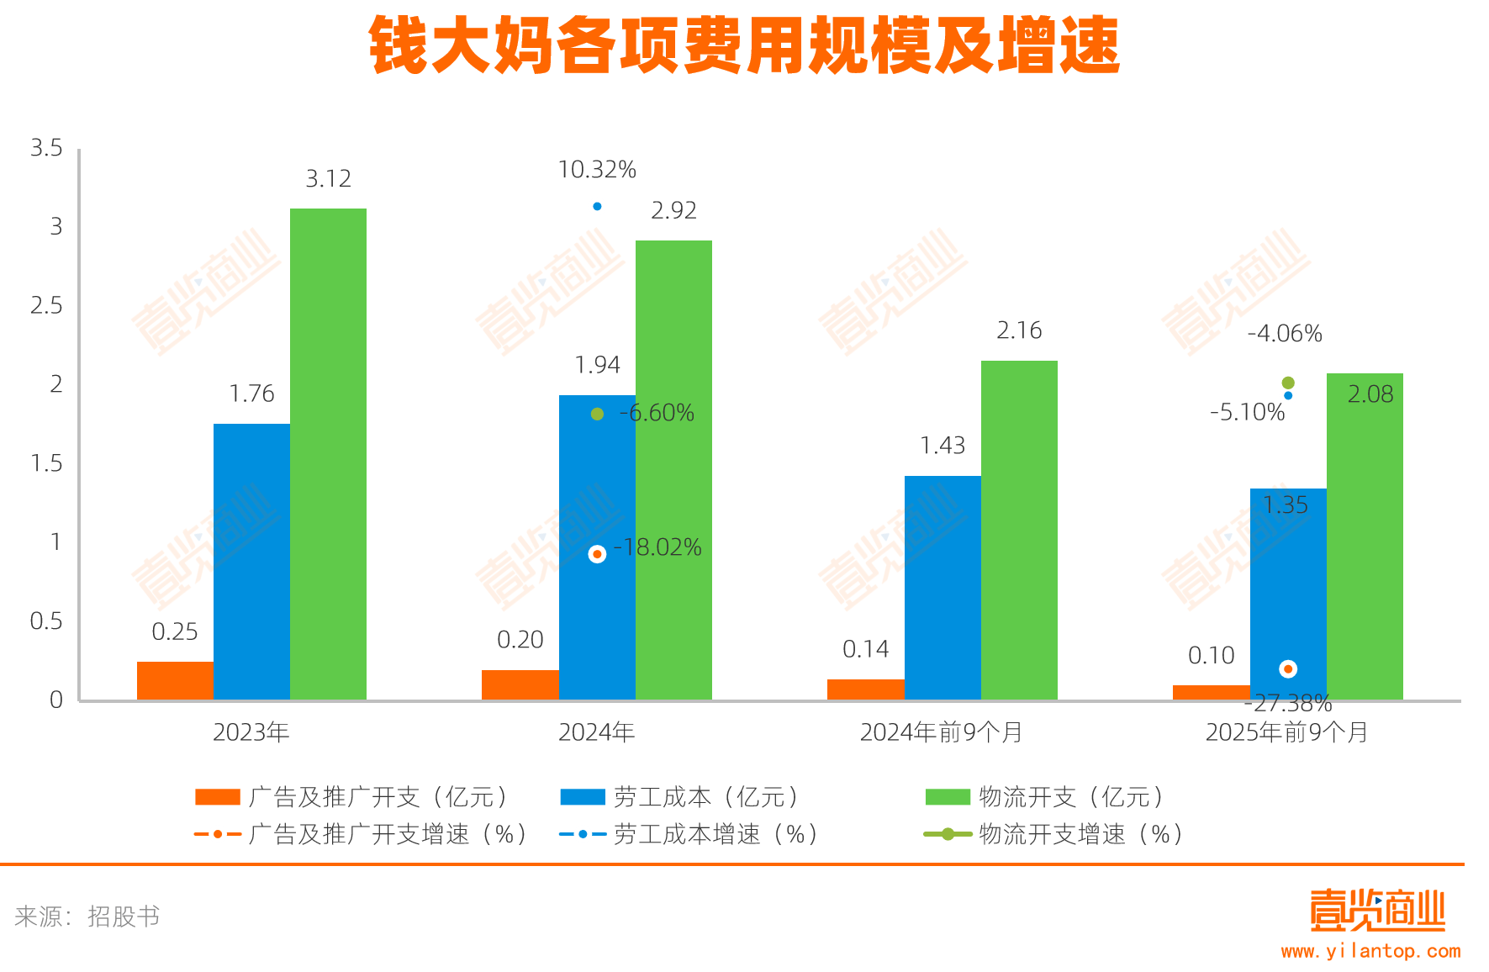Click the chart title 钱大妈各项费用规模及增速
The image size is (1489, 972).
744,46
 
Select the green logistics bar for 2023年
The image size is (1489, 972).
328,454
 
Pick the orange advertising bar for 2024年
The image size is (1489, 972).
520,684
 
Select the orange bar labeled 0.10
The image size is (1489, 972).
1211,692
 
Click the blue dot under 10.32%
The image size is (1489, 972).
597,206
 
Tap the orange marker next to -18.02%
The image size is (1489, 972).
597,554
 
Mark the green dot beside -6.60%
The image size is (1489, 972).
597,414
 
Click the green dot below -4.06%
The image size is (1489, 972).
1288,383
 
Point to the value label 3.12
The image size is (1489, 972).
328,178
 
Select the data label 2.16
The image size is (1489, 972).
1019,330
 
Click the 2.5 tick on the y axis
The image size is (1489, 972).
46,305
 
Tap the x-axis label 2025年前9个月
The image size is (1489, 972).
1286,732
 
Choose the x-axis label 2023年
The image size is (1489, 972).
251,732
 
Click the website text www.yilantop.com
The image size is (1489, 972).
1370,951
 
